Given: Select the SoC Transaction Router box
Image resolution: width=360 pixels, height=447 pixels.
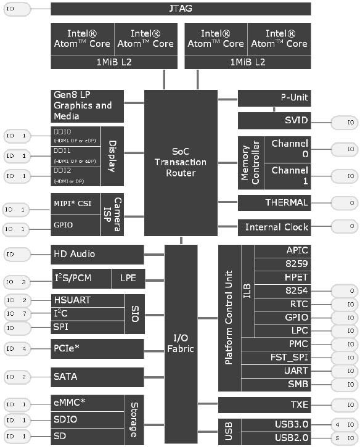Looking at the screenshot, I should coord(181,163).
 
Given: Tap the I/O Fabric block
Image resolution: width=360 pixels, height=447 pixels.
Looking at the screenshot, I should coord(181,342).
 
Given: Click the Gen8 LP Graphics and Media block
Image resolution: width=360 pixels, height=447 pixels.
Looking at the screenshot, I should coord(87,105).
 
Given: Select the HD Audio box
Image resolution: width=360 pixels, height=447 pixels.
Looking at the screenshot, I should coord(97,254).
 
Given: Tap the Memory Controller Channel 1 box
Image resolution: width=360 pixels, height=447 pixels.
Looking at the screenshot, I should coord(289,176).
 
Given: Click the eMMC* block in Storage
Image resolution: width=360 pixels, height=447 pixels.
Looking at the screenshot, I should coord(87,404).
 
